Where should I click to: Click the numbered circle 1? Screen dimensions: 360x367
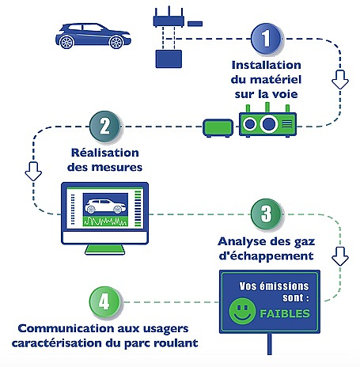(267, 39)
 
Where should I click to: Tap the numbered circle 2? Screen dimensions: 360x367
(105, 127)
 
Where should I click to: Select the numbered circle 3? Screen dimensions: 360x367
(267, 214)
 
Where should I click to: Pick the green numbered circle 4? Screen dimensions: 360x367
(105, 301)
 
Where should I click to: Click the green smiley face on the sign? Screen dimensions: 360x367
(242, 311)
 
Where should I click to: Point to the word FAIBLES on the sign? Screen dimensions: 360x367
(285, 313)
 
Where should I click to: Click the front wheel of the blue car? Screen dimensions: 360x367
(116, 42)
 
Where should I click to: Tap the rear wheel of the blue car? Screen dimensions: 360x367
(66, 42)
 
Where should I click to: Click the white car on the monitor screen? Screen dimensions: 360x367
(105, 206)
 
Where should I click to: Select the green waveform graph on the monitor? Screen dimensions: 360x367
(105, 221)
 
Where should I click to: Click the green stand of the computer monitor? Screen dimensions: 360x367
(105, 249)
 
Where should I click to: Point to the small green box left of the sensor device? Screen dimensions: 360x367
(218, 128)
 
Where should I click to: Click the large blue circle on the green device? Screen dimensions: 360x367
(269, 124)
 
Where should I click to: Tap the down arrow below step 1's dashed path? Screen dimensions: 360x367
(340, 79)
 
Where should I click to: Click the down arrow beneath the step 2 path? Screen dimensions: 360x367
(33, 172)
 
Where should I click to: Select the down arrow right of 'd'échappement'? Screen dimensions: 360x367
(340, 256)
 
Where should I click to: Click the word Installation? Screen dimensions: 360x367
(267, 65)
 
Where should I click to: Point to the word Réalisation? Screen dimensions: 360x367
(105, 153)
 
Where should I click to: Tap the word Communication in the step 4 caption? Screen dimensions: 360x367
(66, 328)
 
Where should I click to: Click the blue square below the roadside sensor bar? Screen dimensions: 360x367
(169, 59)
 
